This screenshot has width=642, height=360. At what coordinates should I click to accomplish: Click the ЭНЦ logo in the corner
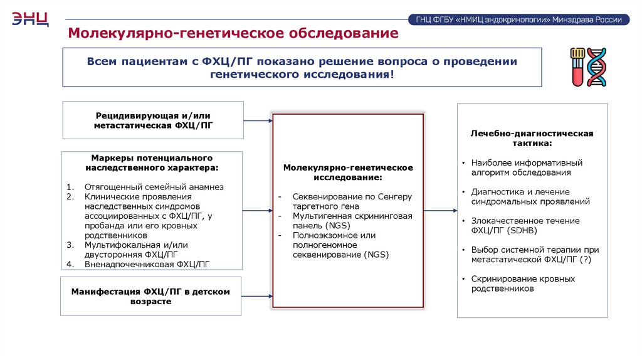pyautogui.click(x=30, y=19)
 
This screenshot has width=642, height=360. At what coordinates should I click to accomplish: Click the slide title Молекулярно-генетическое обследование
pyautogui.click(x=233, y=33)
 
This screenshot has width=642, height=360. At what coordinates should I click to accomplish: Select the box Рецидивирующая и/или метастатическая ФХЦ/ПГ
pyautogui.click(x=153, y=120)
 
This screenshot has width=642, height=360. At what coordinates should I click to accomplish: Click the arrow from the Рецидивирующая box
pyautogui.click(x=257, y=120)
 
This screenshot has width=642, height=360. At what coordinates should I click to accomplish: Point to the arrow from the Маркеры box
pyautogui.click(x=257, y=211)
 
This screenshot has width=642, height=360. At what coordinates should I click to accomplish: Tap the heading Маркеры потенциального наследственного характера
pyautogui.click(x=152, y=163)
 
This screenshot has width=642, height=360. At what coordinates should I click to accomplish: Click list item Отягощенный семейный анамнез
pyautogui.click(x=154, y=187)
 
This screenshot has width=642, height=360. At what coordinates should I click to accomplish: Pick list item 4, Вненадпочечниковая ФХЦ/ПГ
pyautogui.click(x=147, y=264)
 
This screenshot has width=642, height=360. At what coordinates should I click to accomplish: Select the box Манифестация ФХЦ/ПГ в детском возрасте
pyautogui.click(x=150, y=297)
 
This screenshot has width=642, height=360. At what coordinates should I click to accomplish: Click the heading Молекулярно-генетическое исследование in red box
pyautogui.click(x=348, y=172)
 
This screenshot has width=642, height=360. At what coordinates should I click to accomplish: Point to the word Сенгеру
pyautogui.click(x=395, y=196)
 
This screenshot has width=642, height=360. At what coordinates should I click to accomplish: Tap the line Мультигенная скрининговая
pyautogui.click(x=352, y=216)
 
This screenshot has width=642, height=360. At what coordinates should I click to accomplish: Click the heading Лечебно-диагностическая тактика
pyautogui.click(x=532, y=139)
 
